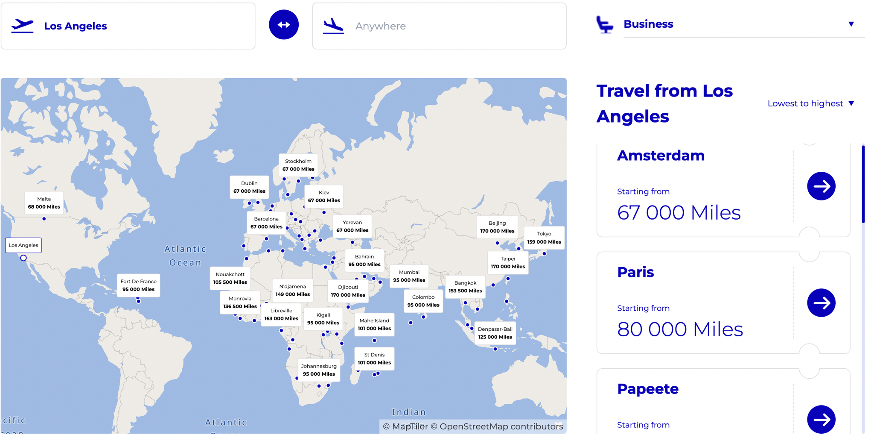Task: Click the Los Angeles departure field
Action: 128,26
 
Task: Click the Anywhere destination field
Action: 440,26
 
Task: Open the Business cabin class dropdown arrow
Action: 851,24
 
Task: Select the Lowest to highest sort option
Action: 810,103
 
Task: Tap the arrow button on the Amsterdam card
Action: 821,186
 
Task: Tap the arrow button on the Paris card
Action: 821,303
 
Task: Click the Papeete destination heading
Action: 647,389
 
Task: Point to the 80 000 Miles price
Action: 680,329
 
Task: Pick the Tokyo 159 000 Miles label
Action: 544,238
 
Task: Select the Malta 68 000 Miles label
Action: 44,203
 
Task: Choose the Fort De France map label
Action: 138,285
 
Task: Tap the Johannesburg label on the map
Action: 319,370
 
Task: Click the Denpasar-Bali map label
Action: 495,333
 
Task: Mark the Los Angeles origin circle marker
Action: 23,258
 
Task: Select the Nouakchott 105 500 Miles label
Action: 230,278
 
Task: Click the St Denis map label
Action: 374,359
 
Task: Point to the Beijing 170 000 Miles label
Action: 497,227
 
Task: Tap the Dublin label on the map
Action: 249,187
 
